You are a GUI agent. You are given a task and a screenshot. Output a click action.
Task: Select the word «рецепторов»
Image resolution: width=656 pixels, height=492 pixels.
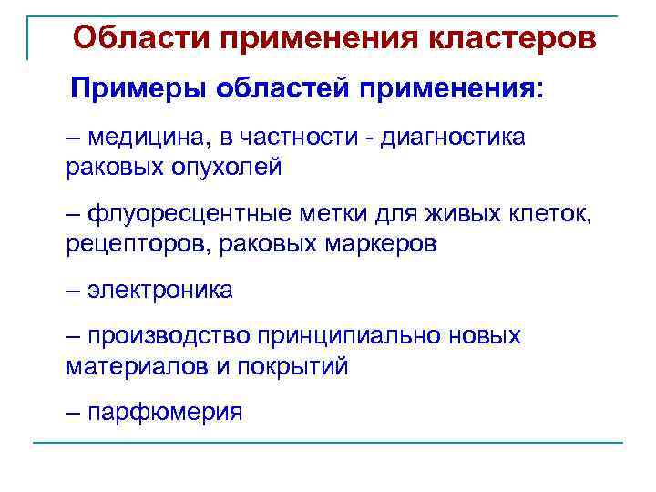(122, 244)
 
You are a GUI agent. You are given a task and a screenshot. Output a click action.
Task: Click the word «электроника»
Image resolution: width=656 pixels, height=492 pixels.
(160, 291)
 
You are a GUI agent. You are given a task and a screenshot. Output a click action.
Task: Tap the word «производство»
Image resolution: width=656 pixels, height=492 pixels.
(169, 336)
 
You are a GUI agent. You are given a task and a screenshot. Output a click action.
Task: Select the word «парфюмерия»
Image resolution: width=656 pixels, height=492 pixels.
(165, 413)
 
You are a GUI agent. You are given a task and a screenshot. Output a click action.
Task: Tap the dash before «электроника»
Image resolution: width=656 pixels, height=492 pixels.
(74, 291)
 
